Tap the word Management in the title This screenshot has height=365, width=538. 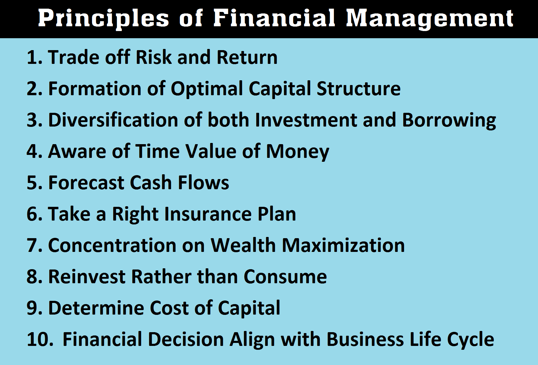point(430,19)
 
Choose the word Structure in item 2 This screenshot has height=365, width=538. point(358,89)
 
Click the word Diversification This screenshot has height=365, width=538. point(113,120)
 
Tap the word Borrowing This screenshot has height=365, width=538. point(449,120)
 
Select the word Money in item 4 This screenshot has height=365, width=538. point(298,151)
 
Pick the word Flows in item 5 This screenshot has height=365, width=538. point(203,183)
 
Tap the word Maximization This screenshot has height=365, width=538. point(343,245)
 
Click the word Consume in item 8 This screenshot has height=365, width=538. point(285,277)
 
